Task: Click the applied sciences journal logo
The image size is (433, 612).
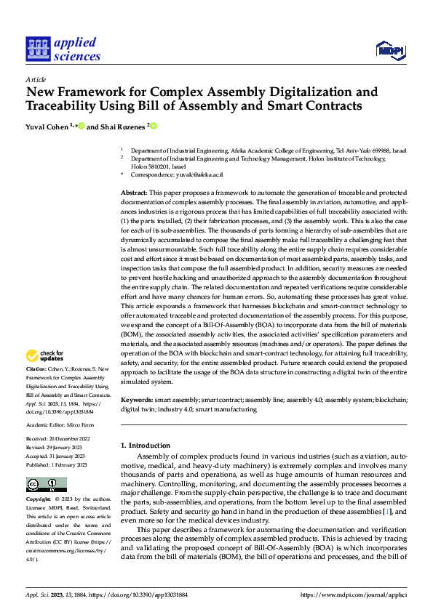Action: (63, 49)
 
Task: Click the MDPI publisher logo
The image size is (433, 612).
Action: (389, 49)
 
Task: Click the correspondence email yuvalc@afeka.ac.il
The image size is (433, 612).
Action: (197, 175)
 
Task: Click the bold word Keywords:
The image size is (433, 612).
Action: (136, 400)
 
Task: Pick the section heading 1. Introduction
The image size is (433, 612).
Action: (145, 444)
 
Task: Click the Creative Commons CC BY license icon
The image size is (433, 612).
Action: (46, 485)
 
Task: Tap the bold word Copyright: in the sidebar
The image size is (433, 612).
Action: (39, 500)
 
